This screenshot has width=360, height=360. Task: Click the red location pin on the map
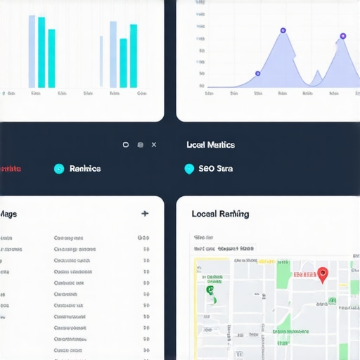pos(323,274)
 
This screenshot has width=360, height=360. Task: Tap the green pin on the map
pos(210,290)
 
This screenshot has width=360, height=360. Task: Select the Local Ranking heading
pos(220,214)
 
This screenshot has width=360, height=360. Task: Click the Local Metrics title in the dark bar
pos(210,145)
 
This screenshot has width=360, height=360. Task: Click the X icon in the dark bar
pos(154,145)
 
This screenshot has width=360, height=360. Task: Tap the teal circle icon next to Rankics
pos(59,169)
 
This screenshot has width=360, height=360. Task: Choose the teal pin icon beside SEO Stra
pos(188,169)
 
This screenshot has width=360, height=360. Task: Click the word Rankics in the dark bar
pos(85,169)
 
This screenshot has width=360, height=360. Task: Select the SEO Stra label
pos(215,169)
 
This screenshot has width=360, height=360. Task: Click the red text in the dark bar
pos(10,169)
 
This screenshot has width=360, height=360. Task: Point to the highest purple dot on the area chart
pos(283,31)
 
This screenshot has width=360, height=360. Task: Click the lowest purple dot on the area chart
pos(257,73)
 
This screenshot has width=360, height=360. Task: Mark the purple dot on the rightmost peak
pos(343,36)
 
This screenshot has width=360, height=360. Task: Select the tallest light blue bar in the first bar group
pos(32,51)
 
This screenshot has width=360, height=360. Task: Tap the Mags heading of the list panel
pos(8,214)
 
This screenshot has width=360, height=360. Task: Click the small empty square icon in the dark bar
pos(126,145)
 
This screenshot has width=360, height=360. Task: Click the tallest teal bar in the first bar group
pos(41,52)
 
